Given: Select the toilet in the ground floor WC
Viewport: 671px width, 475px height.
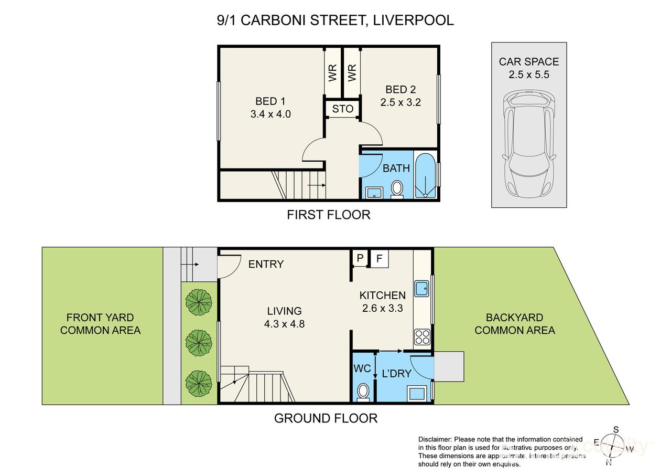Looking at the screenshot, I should click(362, 390).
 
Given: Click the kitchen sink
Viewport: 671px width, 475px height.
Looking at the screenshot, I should click(422, 288).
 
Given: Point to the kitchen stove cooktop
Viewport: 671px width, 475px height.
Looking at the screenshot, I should click(422, 336).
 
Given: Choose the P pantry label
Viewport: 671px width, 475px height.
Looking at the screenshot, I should click(360, 259).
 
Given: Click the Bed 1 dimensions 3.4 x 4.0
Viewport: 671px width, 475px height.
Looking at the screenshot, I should click(270, 114).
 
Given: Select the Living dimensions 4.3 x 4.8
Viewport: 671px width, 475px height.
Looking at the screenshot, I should click(285, 324).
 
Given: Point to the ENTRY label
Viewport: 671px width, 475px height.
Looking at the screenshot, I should click(266, 264).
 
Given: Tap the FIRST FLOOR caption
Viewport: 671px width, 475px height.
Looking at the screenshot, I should click(328, 214).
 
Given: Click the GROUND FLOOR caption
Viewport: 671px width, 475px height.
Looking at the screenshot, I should click(326, 418).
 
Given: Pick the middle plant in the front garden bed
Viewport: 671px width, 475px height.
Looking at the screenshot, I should click(199, 343).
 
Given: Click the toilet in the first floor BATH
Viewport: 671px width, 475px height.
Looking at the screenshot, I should click(397, 189).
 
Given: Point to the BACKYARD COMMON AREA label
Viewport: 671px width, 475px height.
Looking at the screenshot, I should click(514, 324).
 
